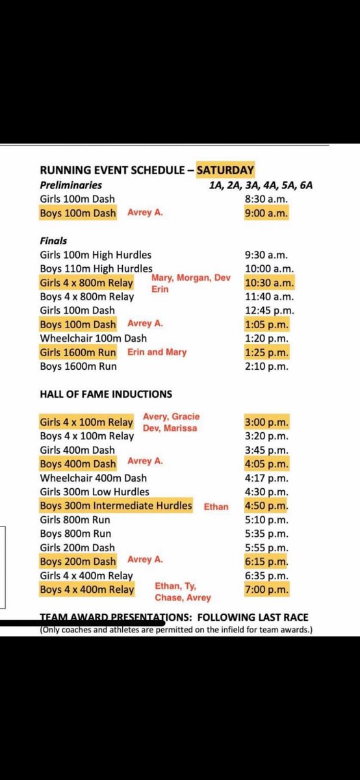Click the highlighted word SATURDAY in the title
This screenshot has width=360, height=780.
click(225, 170)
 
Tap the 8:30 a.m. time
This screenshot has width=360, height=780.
click(266, 199)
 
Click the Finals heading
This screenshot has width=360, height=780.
click(53, 240)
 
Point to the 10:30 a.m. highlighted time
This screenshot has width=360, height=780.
click(269, 283)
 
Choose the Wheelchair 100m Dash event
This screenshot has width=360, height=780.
click(94, 338)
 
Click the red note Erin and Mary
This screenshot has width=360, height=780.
click(157, 352)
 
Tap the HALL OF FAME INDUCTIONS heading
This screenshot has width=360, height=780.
click(106, 394)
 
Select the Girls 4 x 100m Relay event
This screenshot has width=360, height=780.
click(86, 422)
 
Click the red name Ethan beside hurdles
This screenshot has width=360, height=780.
click(216, 506)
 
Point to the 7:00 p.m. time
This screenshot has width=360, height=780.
click(266, 590)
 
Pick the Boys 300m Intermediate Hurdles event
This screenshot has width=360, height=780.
click(116, 506)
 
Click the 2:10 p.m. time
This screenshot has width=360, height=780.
click(267, 367)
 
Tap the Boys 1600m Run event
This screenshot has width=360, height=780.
click(79, 367)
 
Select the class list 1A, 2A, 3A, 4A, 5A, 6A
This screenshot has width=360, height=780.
click(261, 185)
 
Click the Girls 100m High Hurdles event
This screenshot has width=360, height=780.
click(96, 255)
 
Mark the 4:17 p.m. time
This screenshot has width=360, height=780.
click(267, 478)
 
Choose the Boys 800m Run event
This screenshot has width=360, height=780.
click(75, 534)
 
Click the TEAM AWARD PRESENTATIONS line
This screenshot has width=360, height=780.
click(174, 617)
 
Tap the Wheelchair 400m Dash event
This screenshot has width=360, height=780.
click(94, 478)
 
